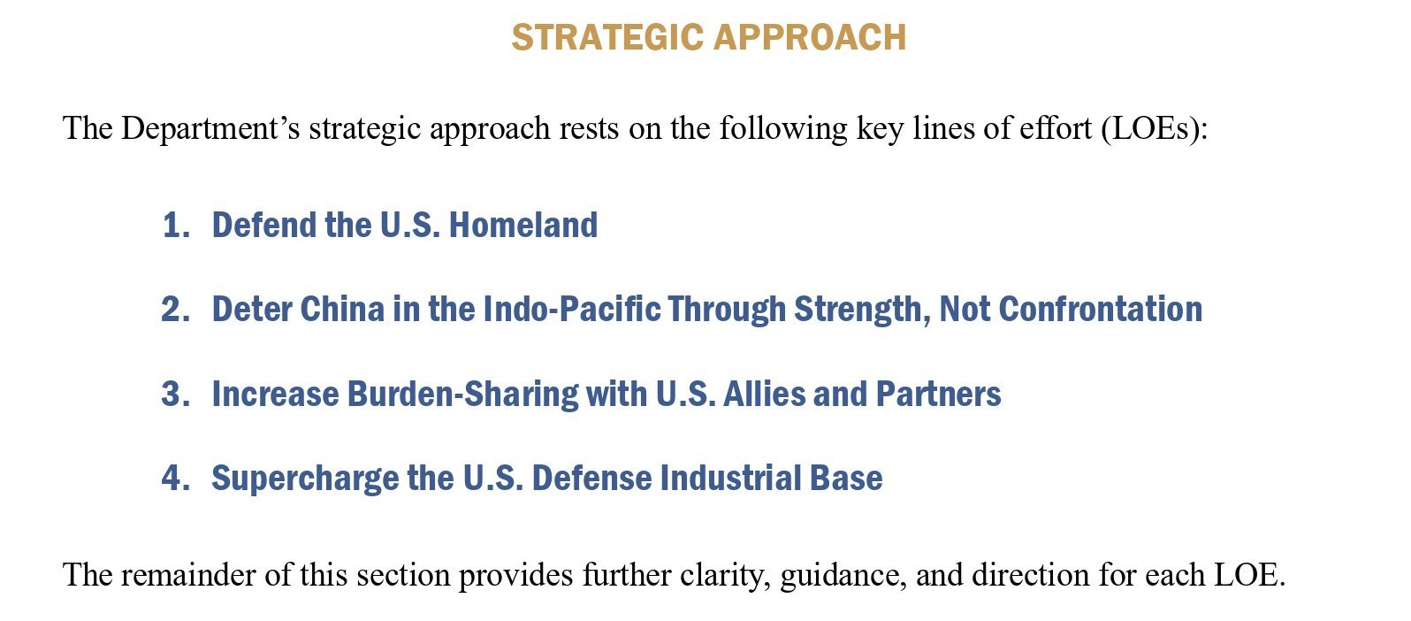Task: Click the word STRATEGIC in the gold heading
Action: pyautogui.click(x=607, y=37)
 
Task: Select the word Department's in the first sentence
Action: pyautogui.click(x=210, y=128)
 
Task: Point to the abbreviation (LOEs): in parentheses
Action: pyautogui.click(x=1155, y=128)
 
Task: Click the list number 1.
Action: pyautogui.click(x=176, y=225)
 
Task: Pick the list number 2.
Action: pyautogui.click(x=175, y=310)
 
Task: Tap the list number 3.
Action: pyautogui.click(x=175, y=394)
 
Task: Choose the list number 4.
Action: pyautogui.click(x=175, y=478)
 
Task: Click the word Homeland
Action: pyautogui.click(x=522, y=225)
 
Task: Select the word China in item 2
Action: pyautogui.click(x=342, y=310)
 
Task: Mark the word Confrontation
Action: pyautogui.click(x=1101, y=310)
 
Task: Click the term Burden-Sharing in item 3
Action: pyautogui.click(x=462, y=395)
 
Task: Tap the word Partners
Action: pyautogui.click(x=938, y=394)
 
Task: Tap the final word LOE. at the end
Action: pyautogui.click(x=1250, y=575)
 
